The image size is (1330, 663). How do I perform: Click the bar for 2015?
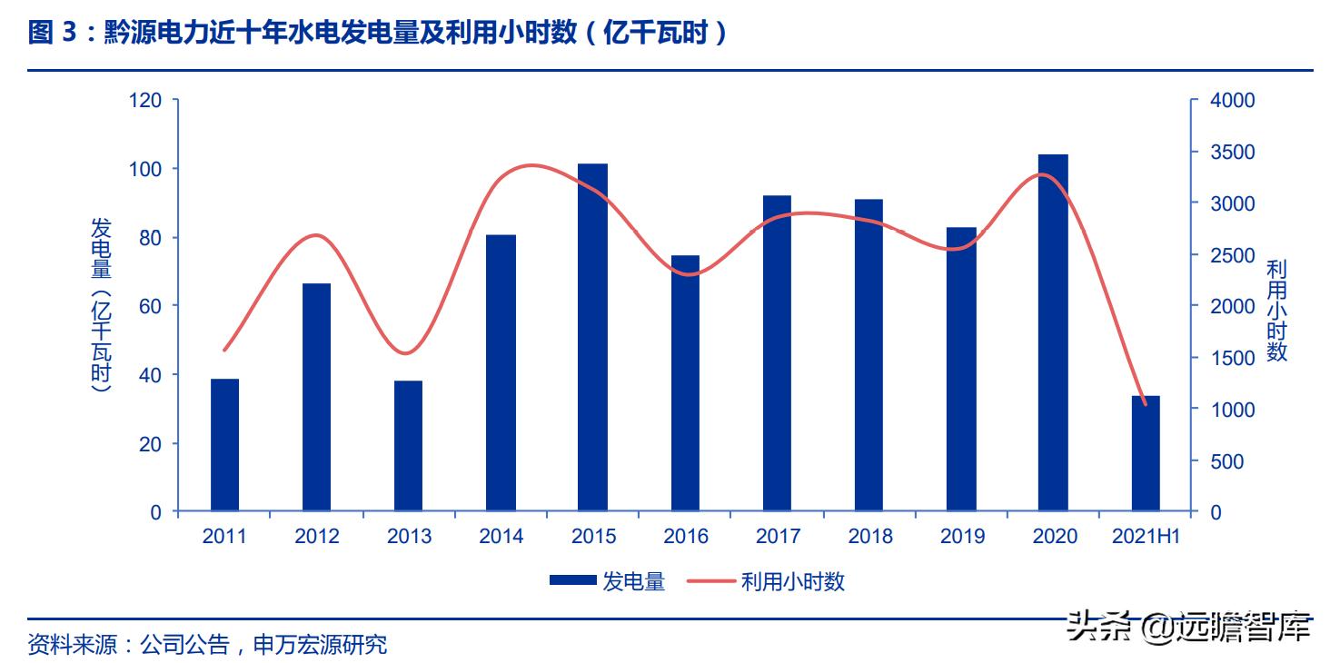coord(592,338)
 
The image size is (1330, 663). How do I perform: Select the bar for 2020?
coord(1053,333)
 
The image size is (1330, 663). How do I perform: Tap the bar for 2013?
coord(409,446)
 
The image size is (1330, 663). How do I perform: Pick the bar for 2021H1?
coord(1146,453)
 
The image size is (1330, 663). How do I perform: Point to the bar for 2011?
coord(224,445)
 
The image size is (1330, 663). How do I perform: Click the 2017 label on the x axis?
coord(778,537)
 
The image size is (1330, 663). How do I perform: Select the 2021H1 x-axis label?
coord(1146,537)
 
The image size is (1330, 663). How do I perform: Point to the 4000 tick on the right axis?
coord(1233,101)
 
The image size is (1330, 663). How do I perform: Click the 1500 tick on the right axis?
coord(1233,359)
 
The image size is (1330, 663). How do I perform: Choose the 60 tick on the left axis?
coord(150,306)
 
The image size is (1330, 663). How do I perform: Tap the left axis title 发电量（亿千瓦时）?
coord(101,305)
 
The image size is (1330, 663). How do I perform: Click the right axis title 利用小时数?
coord(1276,310)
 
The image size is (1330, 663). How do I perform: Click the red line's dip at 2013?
coord(406,353)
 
